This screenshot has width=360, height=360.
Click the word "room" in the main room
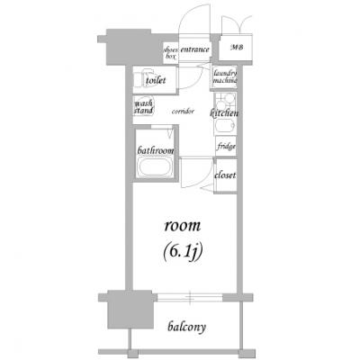pyautogui.click(x=183, y=226)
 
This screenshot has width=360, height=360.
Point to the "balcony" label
pyautogui.click(x=187, y=328)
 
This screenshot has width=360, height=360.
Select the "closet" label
pyautogui.click(x=225, y=175)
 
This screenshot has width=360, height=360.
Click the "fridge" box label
pyautogui.click(x=227, y=147)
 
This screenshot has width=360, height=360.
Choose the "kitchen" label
pyautogui.click(x=224, y=113)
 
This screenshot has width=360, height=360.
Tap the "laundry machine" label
pyautogui.click(x=225, y=76)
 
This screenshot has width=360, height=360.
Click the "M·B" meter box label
pyautogui.click(x=237, y=48)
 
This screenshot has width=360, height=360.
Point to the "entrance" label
pyautogui.click(x=194, y=49)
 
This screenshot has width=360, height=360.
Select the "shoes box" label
pyautogui.click(x=171, y=53)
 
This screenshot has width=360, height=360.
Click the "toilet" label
pyautogui.click(x=156, y=80)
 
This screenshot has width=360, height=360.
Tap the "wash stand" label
pyautogui.click(x=143, y=107)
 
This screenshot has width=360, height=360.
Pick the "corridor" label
pyautogui.click(x=183, y=112)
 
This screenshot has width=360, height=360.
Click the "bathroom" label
pyautogui.click(x=156, y=150)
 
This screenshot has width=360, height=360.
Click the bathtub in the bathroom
pyautogui.click(x=155, y=167)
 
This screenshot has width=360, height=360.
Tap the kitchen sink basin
pyautogui.click(x=225, y=127)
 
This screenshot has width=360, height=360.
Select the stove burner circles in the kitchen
pyautogui.click(x=225, y=101)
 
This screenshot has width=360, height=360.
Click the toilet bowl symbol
pyautogui.click(x=144, y=78)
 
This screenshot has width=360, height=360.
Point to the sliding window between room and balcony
pyautogui.click(x=190, y=298)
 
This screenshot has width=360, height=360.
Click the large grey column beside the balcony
pyautogui.click(x=130, y=309)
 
